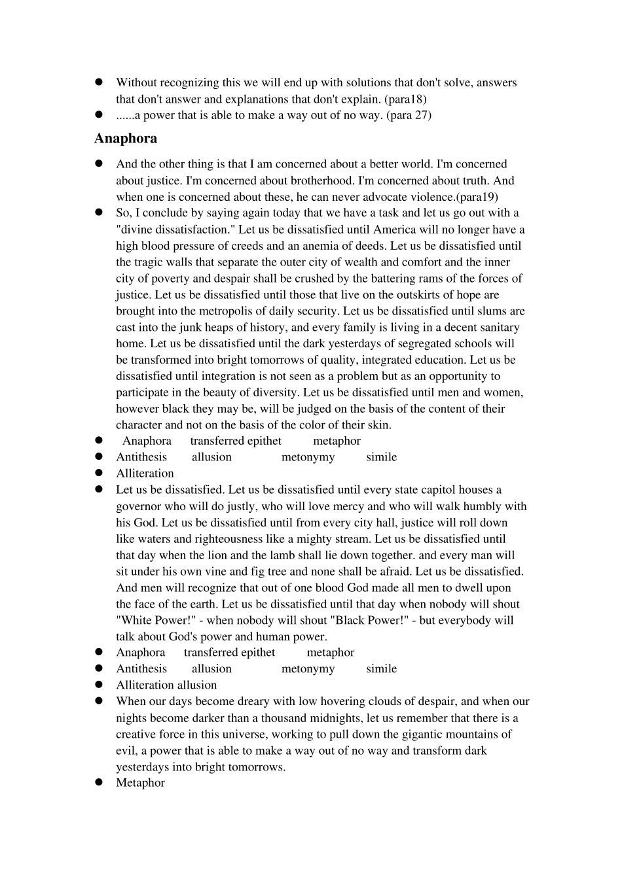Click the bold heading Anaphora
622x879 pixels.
126,139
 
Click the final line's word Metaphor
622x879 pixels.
140,783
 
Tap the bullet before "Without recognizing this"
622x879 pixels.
100,82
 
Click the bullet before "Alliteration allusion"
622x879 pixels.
100,685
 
